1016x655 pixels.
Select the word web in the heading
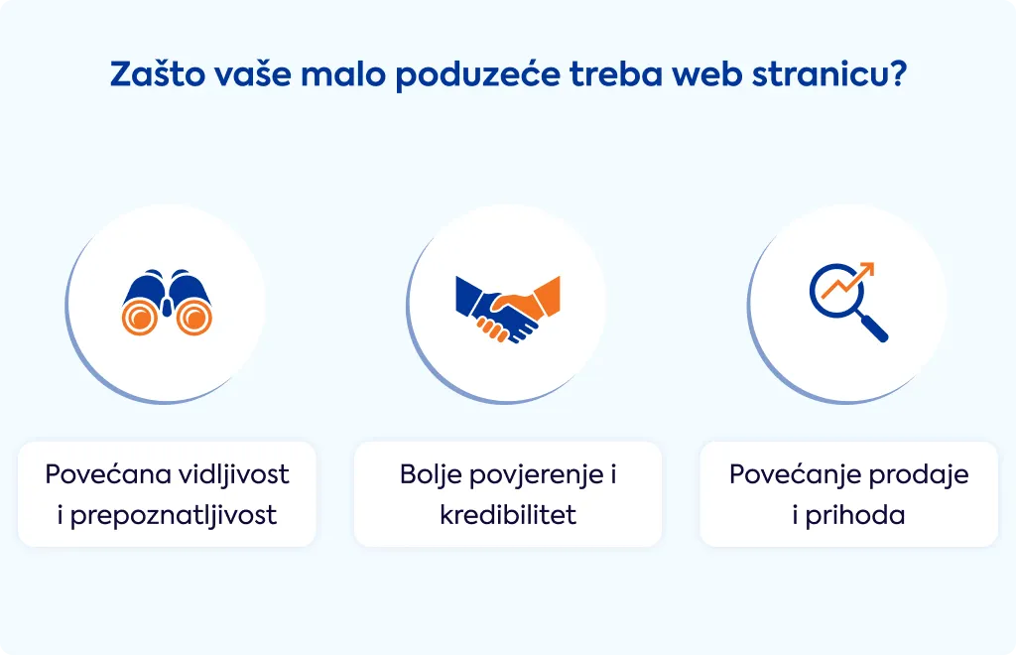click(706, 73)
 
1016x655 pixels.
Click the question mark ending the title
click(897, 73)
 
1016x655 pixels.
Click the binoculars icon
click(167, 302)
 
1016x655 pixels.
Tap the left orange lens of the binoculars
click(140, 318)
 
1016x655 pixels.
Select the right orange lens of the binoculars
click(194, 318)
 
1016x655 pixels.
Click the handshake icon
click(508, 309)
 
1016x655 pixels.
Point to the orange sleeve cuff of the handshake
click(547, 296)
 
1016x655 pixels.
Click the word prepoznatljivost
click(173, 516)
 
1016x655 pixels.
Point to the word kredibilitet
click(508, 515)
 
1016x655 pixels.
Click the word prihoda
click(854, 516)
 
